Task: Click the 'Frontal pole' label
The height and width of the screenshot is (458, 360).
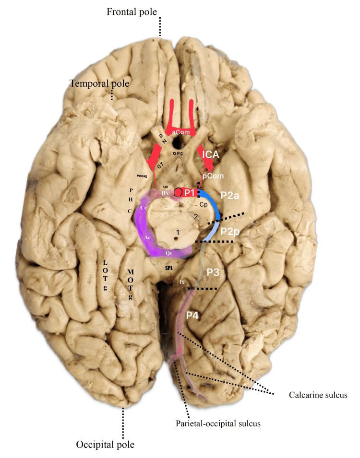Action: tap(132, 11)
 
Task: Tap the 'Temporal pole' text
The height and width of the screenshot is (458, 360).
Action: tap(100, 83)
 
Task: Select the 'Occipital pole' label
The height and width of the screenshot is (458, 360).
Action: tap(105, 445)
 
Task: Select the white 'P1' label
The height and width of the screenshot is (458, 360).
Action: tap(190, 192)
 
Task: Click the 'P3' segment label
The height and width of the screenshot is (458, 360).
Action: tap(213, 272)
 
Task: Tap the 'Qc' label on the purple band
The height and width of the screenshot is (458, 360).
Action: tap(168, 251)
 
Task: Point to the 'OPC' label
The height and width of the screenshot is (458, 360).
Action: tap(178, 153)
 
